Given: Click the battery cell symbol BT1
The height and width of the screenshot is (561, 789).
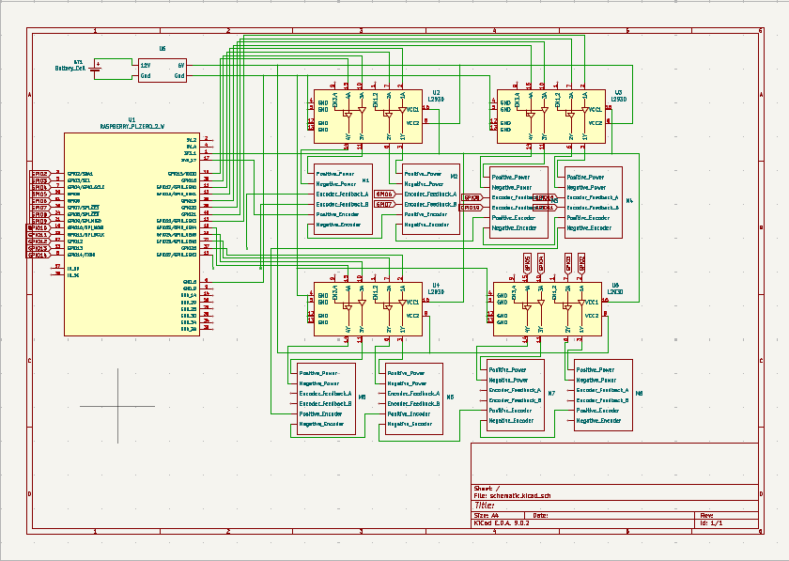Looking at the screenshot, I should (96, 68).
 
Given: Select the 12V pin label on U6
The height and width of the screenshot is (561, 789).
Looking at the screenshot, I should (146, 64).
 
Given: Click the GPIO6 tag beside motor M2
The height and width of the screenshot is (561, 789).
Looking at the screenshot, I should (384, 194).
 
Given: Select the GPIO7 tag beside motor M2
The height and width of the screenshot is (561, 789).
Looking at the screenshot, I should (384, 204).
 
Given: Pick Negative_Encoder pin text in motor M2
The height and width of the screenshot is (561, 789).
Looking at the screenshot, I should (425, 225).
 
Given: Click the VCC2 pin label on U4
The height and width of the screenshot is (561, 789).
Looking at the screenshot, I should (412, 315).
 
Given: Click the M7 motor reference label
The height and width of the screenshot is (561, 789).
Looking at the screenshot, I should (550, 392).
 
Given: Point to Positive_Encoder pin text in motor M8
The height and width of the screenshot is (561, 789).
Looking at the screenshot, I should (597, 411).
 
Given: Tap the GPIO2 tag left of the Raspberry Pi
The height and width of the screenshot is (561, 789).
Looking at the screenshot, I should (40, 174).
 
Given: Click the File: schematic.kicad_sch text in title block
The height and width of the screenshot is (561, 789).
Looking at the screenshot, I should (513, 495).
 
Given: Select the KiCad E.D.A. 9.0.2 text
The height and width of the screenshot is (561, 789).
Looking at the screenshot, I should (502, 522).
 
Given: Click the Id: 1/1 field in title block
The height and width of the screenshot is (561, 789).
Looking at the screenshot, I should (712, 522).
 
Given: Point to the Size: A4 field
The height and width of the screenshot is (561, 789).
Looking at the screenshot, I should (487, 515).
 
